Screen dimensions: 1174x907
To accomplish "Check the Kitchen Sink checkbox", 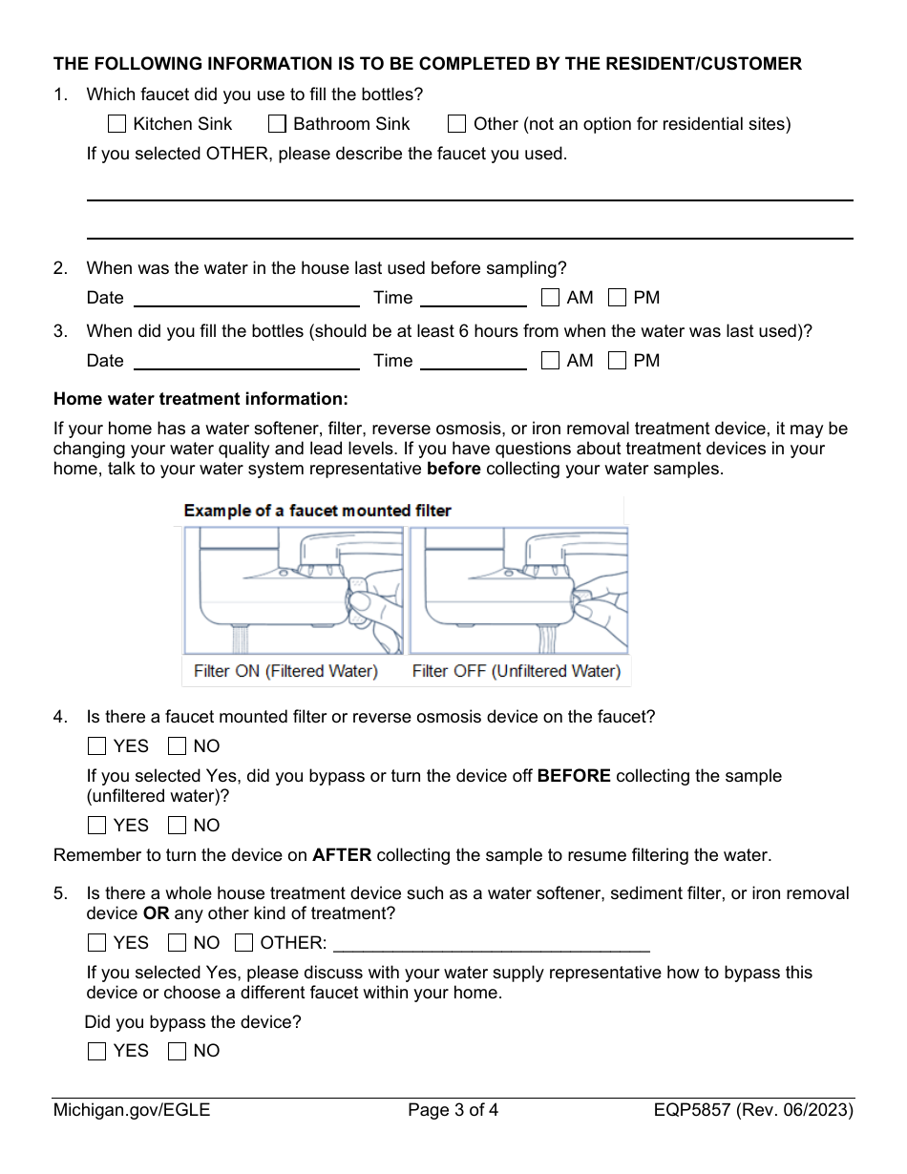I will coord(116,124).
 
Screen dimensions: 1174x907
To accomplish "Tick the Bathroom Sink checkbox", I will coord(277,124).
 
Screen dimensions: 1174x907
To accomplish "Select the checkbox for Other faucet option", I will coord(457,124).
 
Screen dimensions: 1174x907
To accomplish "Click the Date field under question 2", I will coord(246,298).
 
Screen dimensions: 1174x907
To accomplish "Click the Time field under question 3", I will coord(473,361).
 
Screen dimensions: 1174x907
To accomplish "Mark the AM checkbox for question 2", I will coord(550,298).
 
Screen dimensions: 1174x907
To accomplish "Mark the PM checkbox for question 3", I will coord(618,361).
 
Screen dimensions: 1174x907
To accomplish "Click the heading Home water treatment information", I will coord(200,399).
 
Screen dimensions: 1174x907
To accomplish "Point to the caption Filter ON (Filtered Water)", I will coord(285,671).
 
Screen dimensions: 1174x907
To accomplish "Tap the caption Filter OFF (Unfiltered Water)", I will coord(516,671).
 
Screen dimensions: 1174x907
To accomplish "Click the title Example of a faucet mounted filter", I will coord(317,511).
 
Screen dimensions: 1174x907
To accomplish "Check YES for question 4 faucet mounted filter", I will coord(96,746).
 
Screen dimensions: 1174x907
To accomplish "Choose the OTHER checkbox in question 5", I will coord(243,943).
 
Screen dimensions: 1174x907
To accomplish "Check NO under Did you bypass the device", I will coord(177,1051).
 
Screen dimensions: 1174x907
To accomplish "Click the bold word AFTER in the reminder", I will coord(341,855).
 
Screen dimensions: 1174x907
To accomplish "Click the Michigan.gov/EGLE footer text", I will coord(132,1110).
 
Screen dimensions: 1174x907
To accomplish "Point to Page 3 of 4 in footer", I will coord(453,1110).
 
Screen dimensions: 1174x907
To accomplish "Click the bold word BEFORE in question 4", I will coord(574,776).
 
